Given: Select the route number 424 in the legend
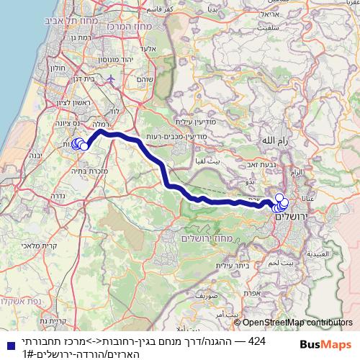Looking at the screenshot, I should coord(258,339).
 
